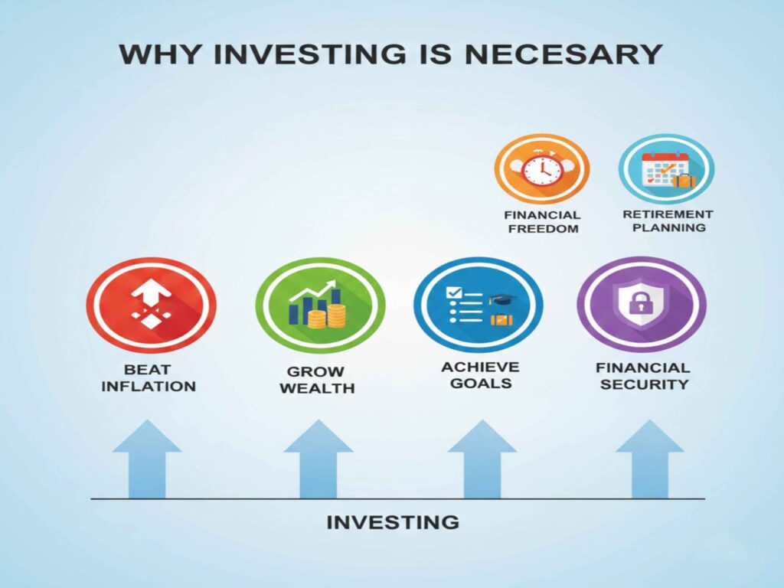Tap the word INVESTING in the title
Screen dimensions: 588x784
click(290, 55)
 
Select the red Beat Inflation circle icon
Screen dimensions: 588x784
click(151, 305)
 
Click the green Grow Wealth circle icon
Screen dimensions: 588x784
click(320, 305)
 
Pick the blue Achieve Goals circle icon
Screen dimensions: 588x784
click(479, 305)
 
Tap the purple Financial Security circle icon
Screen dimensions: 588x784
click(641, 305)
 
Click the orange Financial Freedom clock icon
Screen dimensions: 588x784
click(542, 169)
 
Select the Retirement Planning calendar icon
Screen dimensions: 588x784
click(666, 169)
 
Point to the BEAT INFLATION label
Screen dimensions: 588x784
click(148, 377)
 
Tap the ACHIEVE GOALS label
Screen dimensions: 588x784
click(480, 375)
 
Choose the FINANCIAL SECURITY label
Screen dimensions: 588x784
click(643, 376)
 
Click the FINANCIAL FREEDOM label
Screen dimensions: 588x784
click(542, 221)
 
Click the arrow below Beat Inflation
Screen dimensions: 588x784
click(147, 459)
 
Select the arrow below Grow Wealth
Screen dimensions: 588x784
click(318, 459)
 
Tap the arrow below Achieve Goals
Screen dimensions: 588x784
click(482, 459)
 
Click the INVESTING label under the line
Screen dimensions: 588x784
click(393, 523)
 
